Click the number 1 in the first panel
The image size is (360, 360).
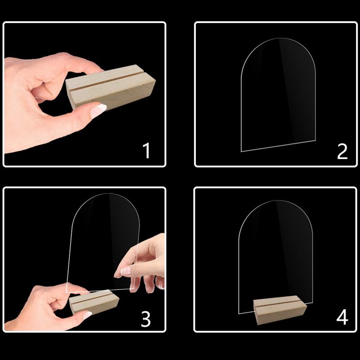pos(146,151)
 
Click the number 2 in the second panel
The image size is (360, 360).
pos(342,151)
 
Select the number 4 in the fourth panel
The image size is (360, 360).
pos(342,317)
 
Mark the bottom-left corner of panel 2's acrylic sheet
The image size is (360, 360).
pos(241,151)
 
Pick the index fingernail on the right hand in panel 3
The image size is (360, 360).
pos(125,271)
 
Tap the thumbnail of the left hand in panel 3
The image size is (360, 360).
pos(87,315)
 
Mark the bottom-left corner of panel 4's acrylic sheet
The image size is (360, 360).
pos(238,311)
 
